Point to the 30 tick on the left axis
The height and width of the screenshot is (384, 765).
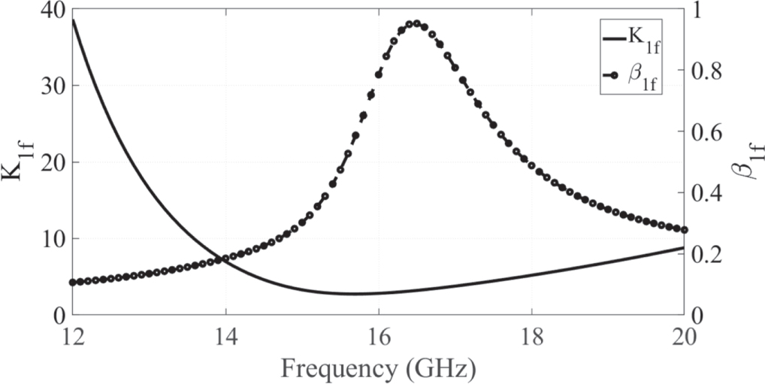coord(55,86)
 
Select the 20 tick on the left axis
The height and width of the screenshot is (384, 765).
coord(55,162)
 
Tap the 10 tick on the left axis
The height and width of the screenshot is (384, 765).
coord(55,239)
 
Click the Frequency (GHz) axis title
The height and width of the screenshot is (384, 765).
coord(378,367)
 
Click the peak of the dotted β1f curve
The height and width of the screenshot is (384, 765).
coord(413,23)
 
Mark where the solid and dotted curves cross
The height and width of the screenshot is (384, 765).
coord(219,260)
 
